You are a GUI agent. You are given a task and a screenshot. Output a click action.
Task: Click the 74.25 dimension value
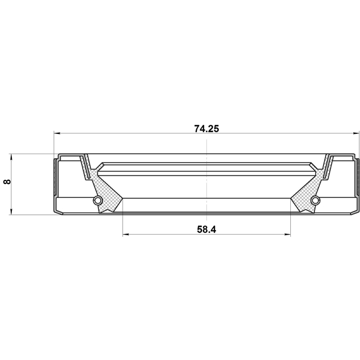206,129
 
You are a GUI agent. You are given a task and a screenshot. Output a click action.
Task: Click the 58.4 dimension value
206,229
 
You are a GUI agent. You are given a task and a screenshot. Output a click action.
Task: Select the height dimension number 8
7,182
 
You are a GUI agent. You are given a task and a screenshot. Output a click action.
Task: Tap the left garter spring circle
98,200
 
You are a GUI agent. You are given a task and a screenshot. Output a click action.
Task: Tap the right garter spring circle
315,200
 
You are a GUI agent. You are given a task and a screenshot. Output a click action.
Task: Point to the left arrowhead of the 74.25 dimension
57,133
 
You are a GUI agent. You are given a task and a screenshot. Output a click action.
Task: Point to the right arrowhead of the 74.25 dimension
356,133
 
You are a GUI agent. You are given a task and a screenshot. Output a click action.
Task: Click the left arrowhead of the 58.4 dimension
125,235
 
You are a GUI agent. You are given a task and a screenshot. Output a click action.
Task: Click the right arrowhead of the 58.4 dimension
287,235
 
